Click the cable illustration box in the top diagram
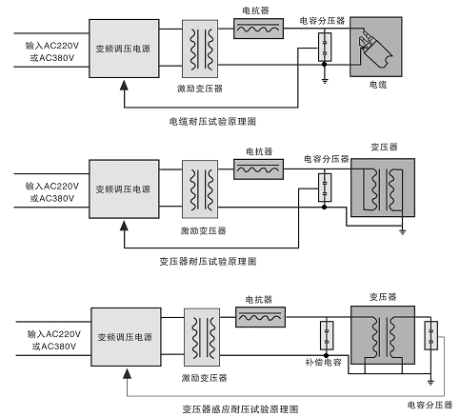(x=376, y=47)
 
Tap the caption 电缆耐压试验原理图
(x=212, y=122)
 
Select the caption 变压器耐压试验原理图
(x=208, y=262)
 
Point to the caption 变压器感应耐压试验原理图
(x=240, y=409)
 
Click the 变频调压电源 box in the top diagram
(x=124, y=49)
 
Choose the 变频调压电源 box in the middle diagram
(x=124, y=189)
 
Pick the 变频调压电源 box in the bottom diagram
(x=126, y=337)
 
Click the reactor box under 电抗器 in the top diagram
(x=258, y=29)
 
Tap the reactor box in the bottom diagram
(x=260, y=317)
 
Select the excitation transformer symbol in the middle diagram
(x=200, y=189)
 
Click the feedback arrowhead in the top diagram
(x=124, y=85)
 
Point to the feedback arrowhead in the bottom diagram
(x=127, y=374)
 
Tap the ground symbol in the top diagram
(x=325, y=80)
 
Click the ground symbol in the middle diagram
(x=403, y=232)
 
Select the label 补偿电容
(x=323, y=362)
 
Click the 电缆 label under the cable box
(x=378, y=85)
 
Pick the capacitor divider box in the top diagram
(x=325, y=47)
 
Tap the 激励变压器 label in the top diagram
(x=200, y=89)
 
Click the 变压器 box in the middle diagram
(x=383, y=188)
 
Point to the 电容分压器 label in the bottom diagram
(x=430, y=405)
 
